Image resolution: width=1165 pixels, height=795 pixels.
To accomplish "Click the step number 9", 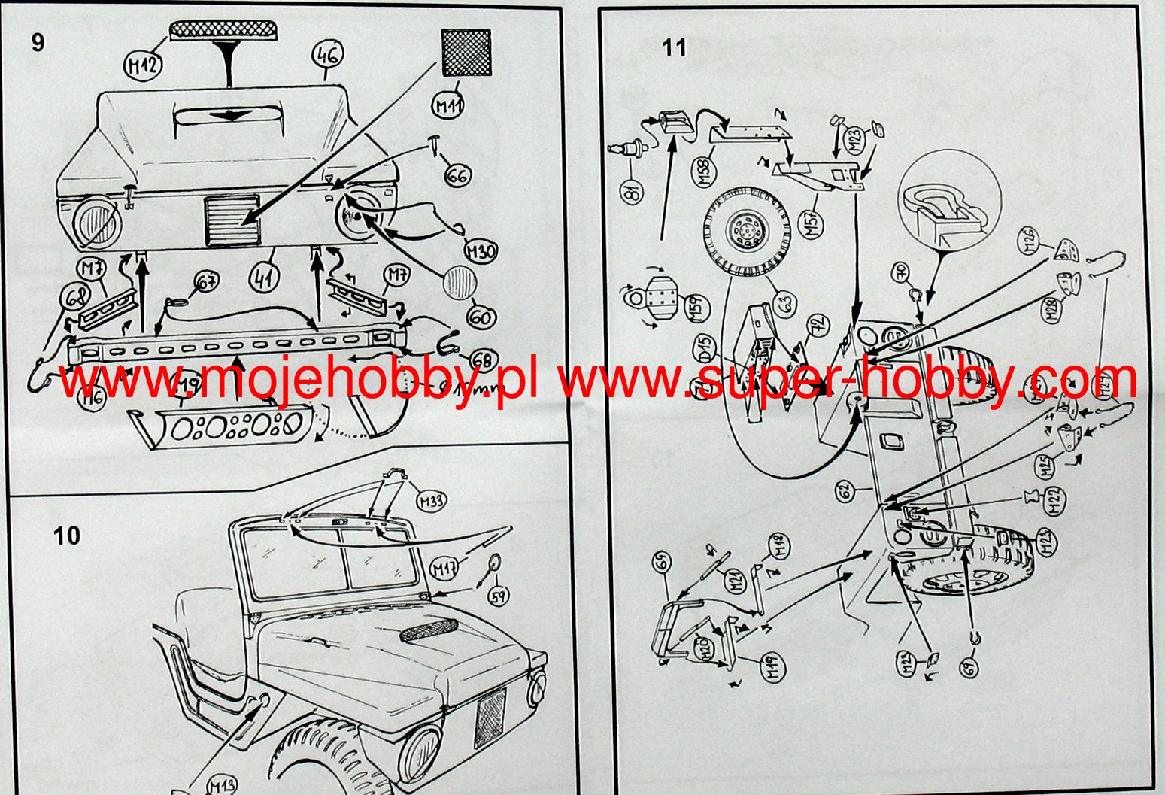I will tap(38, 43).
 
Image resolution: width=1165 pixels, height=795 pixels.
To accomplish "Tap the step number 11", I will tap(674, 48).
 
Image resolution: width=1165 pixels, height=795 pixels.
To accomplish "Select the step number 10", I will tap(66, 536).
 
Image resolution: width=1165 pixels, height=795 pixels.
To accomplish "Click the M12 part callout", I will tap(143, 65).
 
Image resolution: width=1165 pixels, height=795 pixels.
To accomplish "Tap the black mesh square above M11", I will tap(466, 53).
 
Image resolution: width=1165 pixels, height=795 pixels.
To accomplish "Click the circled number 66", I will tap(457, 176).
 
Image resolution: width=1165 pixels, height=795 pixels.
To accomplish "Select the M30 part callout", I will tap(480, 250).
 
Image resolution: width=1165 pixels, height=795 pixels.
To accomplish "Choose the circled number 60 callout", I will tap(481, 317).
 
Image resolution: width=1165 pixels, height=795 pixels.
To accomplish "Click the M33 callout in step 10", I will tap(432, 501).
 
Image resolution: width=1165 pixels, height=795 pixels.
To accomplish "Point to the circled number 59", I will tap(498, 596).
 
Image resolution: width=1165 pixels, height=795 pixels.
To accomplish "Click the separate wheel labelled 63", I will tap(748, 224).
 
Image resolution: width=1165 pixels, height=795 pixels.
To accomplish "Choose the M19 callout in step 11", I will tap(773, 665).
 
